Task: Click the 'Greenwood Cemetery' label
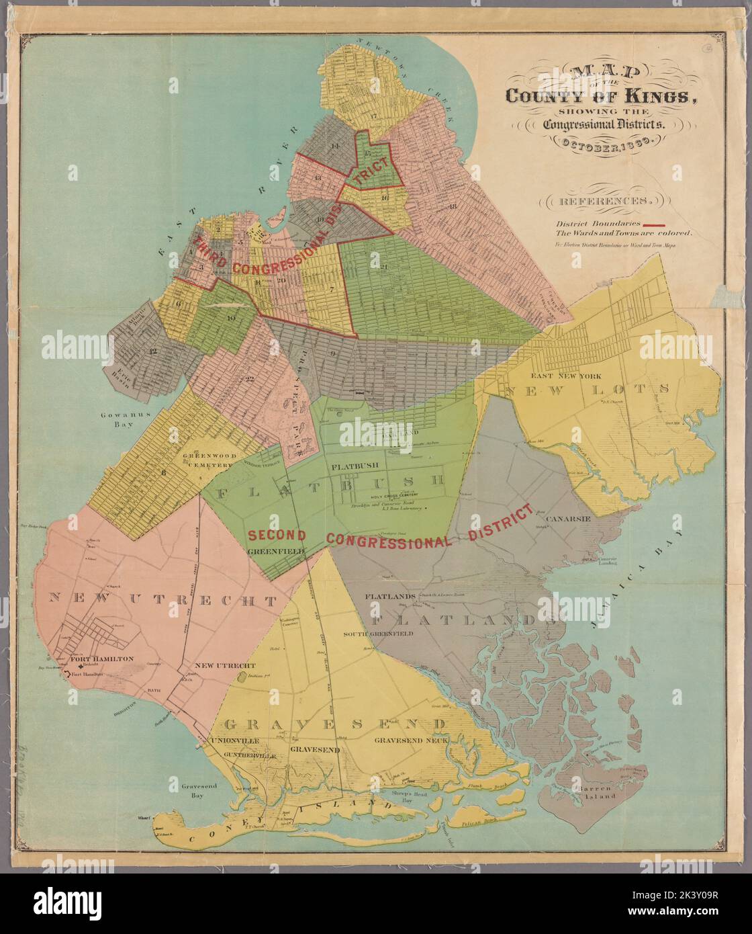click(209, 459)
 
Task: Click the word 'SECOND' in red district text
click(277, 536)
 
